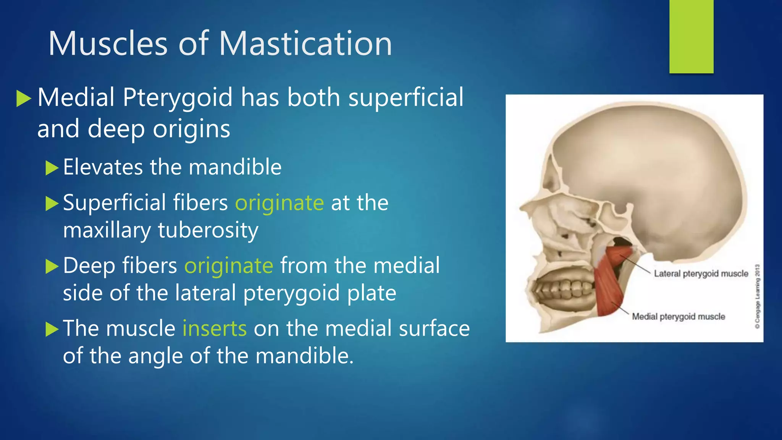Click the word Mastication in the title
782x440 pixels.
tap(305, 44)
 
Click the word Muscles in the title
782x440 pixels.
tap(108, 44)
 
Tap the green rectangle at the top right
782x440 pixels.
tap(691, 37)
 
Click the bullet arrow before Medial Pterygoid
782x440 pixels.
tap(24, 99)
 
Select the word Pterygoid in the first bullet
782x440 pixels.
tap(178, 98)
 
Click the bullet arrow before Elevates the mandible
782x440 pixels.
tap(52, 168)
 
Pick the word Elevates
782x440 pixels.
tap(103, 167)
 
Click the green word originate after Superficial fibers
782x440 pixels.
tap(279, 202)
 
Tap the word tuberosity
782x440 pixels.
tap(208, 230)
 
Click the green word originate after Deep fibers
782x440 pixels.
tap(229, 265)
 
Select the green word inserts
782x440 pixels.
tap(215, 328)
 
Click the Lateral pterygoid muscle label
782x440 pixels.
tap(701, 273)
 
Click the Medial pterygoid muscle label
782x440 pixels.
tap(678, 316)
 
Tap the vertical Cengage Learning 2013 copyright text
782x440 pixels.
tap(758, 296)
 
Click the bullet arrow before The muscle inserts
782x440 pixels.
tap(52, 329)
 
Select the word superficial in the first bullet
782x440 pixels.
tap(406, 98)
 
